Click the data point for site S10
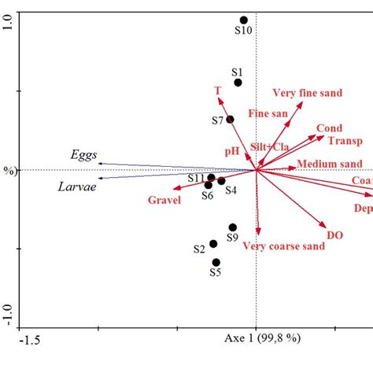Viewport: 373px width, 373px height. click(x=244, y=20)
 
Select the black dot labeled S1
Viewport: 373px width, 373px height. click(x=238, y=83)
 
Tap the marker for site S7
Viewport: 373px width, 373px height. click(x=230, y=120)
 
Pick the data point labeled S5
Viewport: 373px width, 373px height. click(x=216, y=262)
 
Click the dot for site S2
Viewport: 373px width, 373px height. click(x=213, y=244)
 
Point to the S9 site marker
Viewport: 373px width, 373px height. click(x=233, y=227)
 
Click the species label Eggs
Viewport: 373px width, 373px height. click(x=83, y=155)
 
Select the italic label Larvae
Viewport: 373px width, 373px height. click(x=77, y=186)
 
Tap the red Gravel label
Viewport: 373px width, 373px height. click(x=164, y=201)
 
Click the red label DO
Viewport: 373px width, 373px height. click(x=334, y=235)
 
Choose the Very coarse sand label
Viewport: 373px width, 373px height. click(x=283, y=246)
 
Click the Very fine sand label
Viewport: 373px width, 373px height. click(x=307, y=93)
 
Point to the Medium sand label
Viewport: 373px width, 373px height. click(x=329, y=164)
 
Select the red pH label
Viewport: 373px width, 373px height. click(x=231, y=150)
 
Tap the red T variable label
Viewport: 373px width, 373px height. click(x=218, y=90)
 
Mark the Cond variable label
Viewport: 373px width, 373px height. click(x=329, y=128)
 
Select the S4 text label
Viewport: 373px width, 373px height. click(x=231, y=190)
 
